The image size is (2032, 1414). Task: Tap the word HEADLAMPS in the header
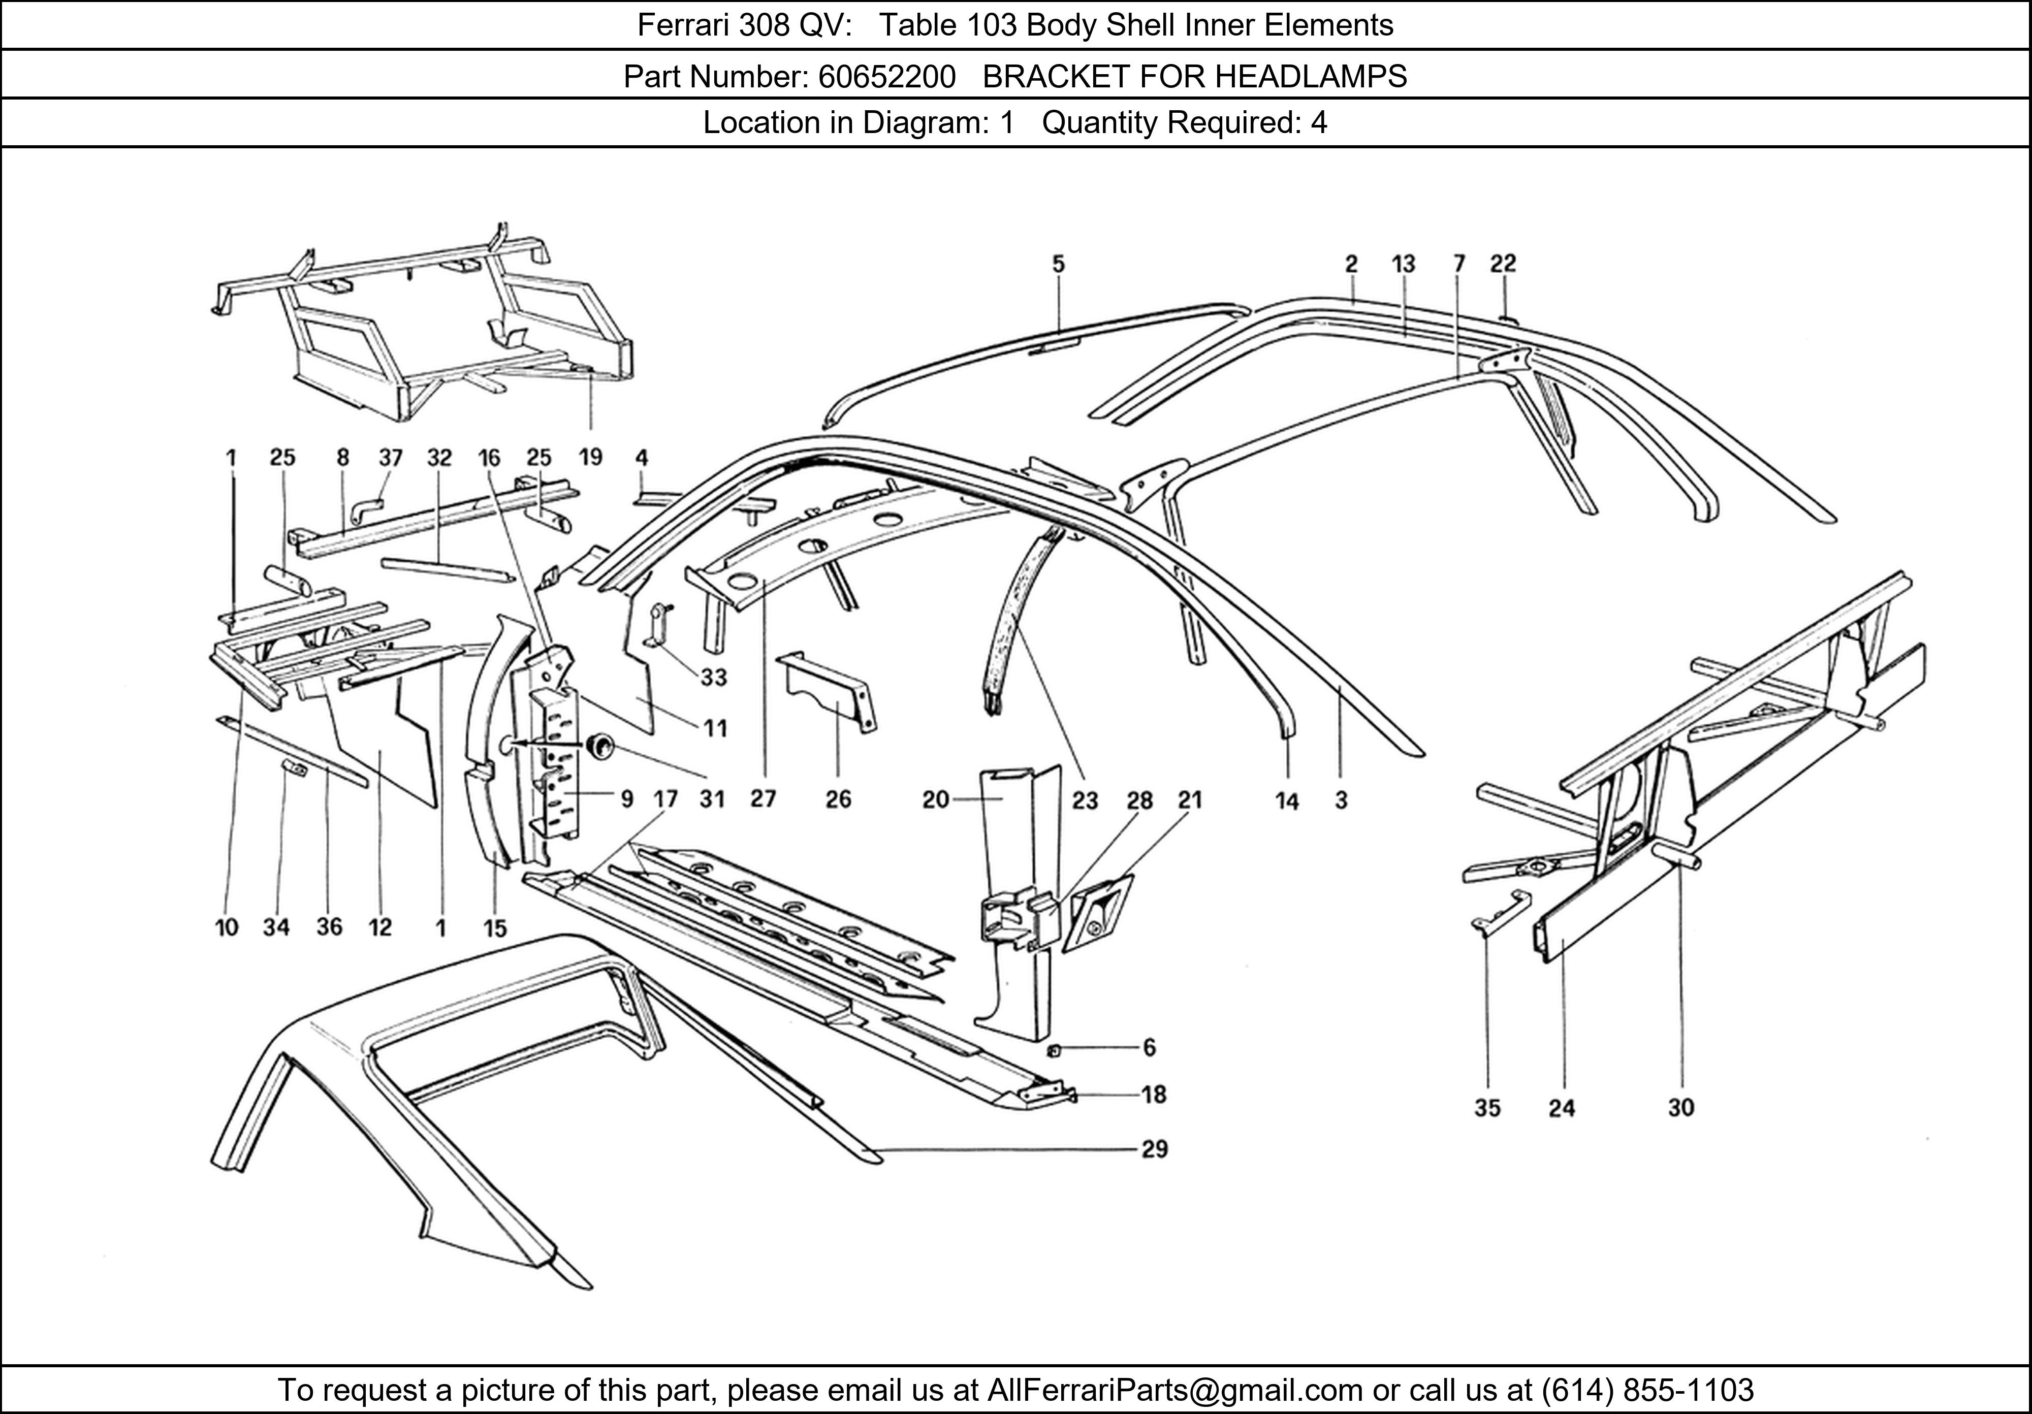click(x=1309, y=77)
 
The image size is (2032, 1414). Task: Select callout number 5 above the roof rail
click(x=1059, y=264)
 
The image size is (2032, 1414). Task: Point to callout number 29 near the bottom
click(x=1154, y=1148)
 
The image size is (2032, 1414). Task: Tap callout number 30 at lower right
click(x=1680, y=1108)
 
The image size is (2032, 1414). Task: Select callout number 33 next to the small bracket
click(x=713, y=677)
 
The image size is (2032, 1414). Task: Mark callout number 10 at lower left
click(x=227, y=927)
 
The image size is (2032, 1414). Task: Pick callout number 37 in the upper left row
click(x=390, y=458)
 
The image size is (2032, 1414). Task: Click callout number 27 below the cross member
click(x=763, y=799)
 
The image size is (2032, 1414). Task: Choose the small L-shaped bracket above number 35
click(x=1501, y=911)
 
